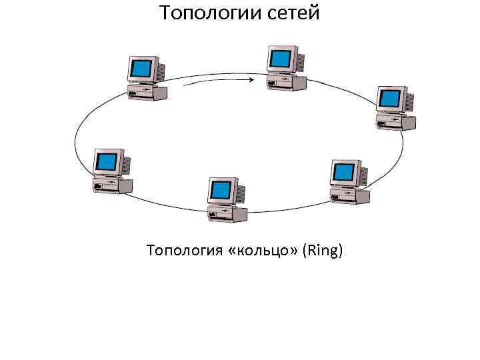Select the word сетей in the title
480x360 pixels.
tap(289, 13)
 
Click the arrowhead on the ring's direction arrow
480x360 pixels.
tap(253, 81)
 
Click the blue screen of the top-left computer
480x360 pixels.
tap(141, 69)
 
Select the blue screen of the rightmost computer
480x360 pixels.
tap(389, 100)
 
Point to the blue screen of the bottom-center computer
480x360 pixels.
tap(220, 191)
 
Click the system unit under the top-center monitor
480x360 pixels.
tap(287, 83)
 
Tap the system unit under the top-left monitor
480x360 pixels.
tap(147, 91)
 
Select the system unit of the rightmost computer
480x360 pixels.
tap(396, 122)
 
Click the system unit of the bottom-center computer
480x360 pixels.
tap(227, 213)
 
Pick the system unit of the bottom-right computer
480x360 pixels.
tap(349, 195)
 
